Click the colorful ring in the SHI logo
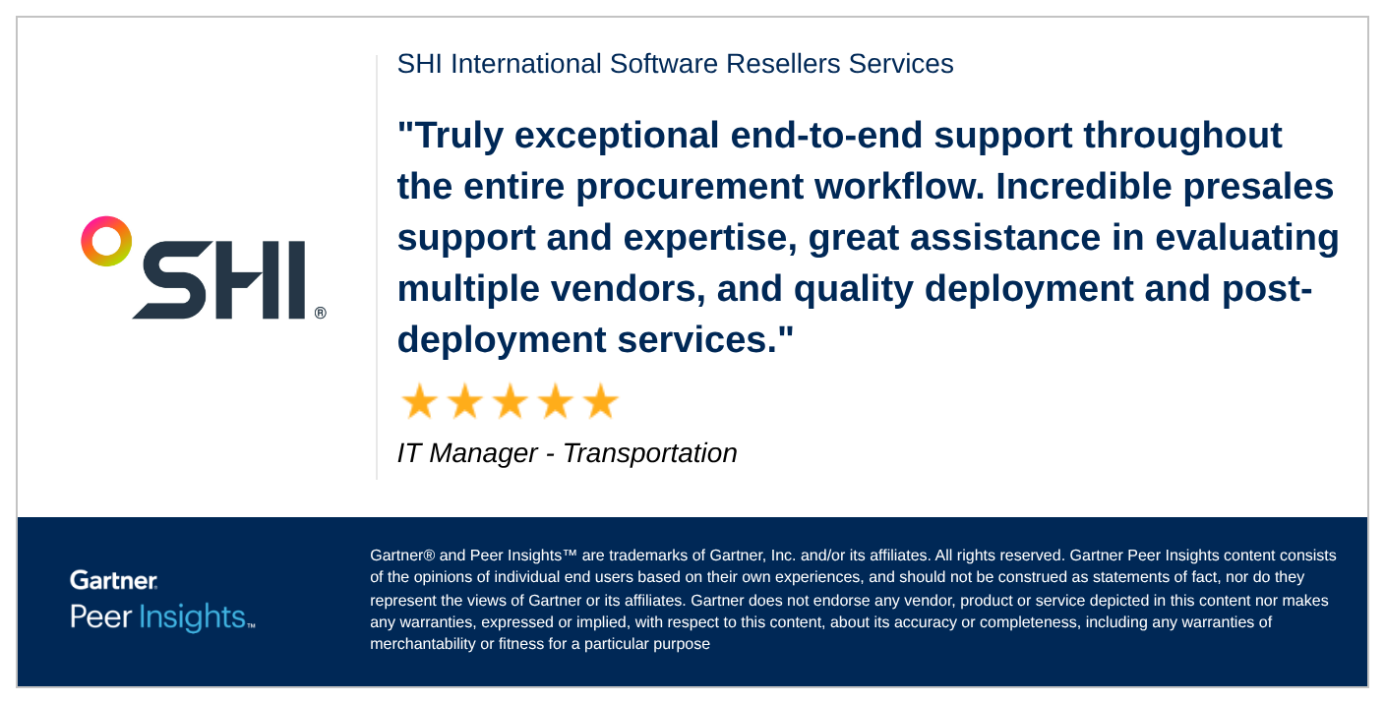[x=106, y=241]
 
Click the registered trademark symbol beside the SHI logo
[x=321, y=313]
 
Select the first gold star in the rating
[x=419, y=402]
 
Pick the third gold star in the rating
[x=510, y=402]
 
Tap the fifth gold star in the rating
[x=600, y=402]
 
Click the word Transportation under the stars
[x=649, y=453]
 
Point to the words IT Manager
[x=467, y=453]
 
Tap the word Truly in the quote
[x=451, y=136]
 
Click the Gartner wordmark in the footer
[x=113, y=580]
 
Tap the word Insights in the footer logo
[x=192, y=617]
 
